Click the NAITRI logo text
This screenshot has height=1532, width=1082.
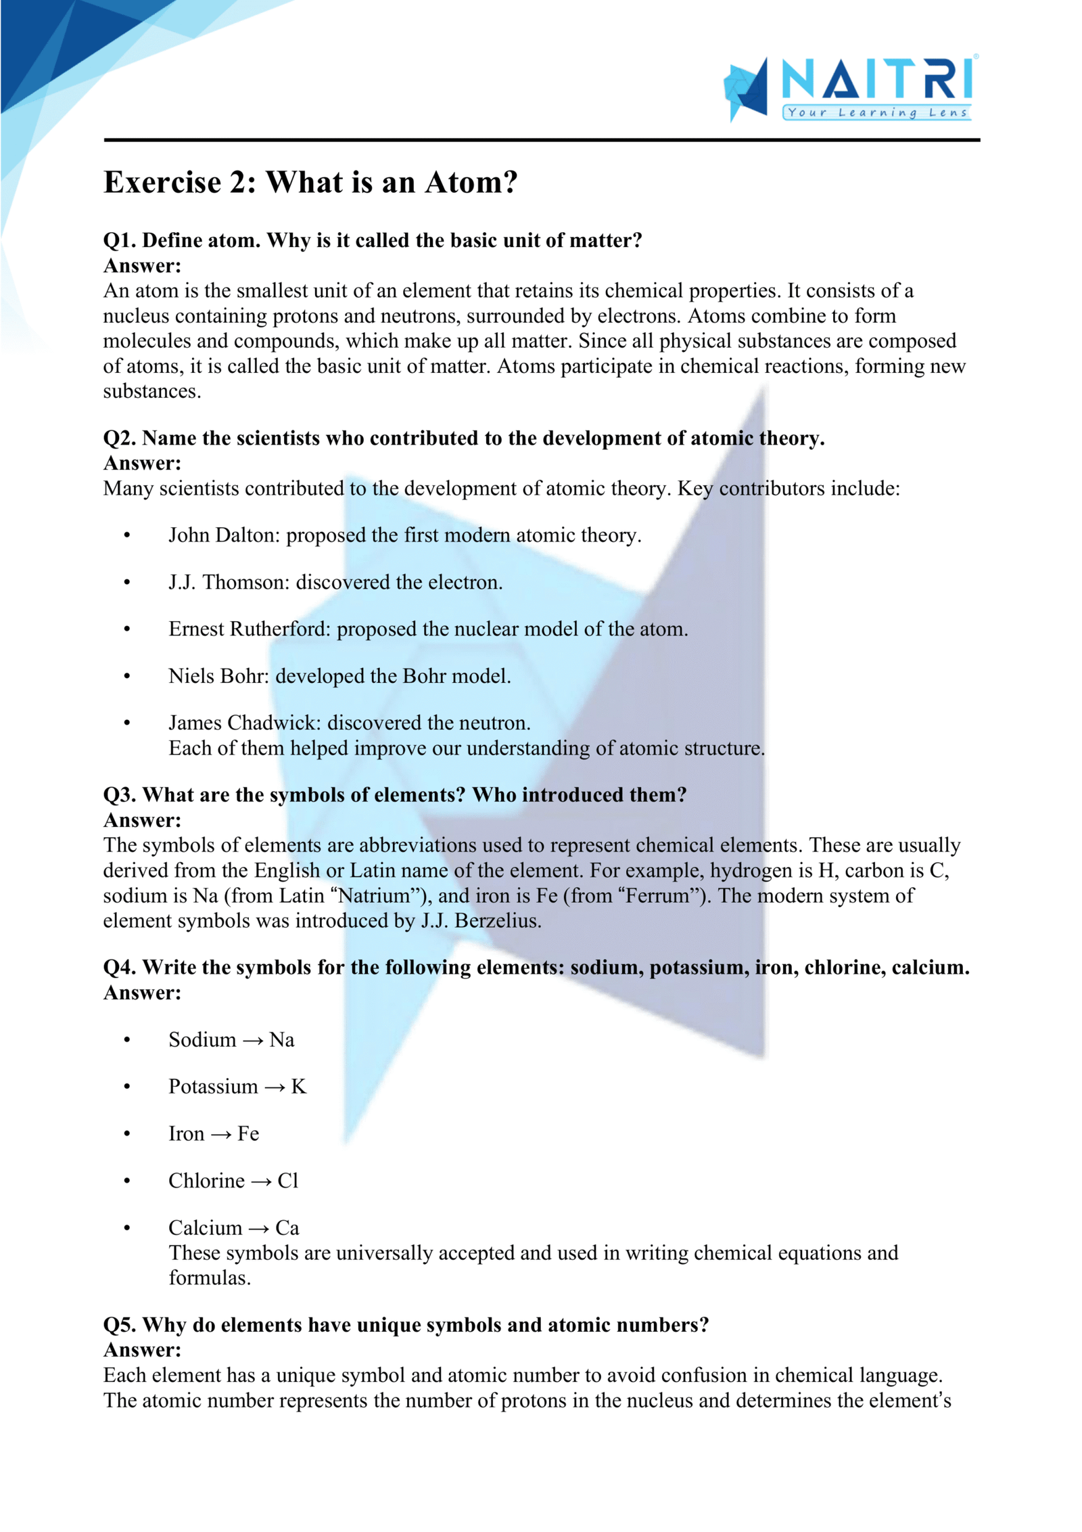tap(878, 80)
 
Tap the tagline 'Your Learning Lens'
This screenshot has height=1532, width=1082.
tap(877, 112)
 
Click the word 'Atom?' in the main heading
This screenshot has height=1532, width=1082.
tap(471, 182)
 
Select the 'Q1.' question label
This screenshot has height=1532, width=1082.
tap(120, 240)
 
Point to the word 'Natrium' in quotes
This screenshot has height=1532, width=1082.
tap(374, 896)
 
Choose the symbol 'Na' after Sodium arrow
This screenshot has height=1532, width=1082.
tap(281, 1039)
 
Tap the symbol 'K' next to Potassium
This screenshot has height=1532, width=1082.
tap(298, 1087)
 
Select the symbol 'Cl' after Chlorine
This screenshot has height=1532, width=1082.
tap(287, 1181)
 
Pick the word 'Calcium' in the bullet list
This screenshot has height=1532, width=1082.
tap(205, 1227)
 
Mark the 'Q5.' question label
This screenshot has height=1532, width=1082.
tap(120, 1325)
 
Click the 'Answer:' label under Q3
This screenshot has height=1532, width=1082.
tap(142, 820)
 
